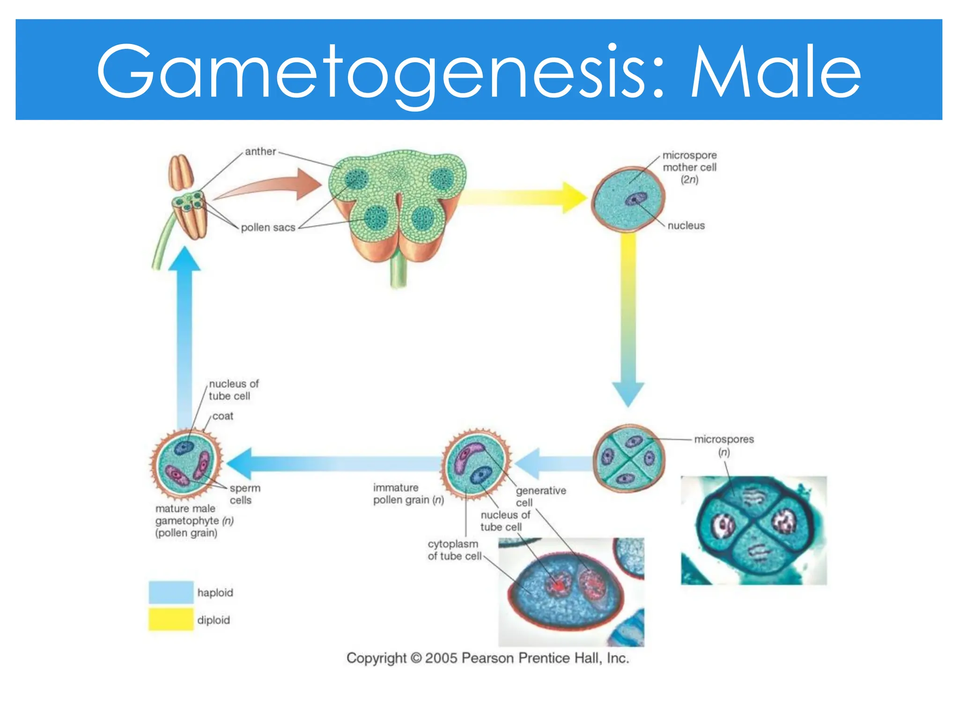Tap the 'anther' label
click(x=260, y=152)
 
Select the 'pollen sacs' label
click(x=268, y=227)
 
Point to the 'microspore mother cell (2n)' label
click(x=689, y=167)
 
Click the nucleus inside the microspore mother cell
click(x=636, y=199)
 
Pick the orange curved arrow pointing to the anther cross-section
click(x=272, y=187)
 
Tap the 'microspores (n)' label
click(x=724, y=445)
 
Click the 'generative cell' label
click(x=540, y=496)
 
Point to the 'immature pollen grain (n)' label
click(x=407, y=494)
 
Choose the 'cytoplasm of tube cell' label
click(x=453, y=550)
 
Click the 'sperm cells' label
click(x=244, y=494)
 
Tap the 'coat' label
click(x=223, y=416)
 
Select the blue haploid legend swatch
click(x=171, y=592)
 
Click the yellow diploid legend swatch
click(x=171, y=619)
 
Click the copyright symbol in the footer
click(x=416, y=658)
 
